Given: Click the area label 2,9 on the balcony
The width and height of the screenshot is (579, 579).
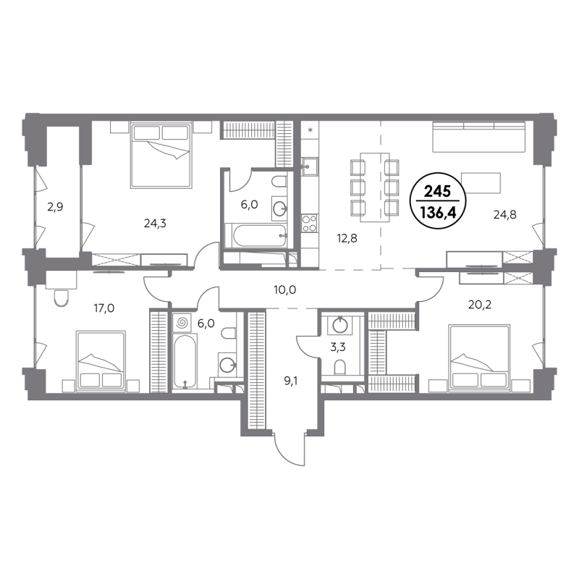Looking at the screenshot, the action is tap(55, 207).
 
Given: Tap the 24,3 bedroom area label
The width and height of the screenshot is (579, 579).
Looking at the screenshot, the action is tap(155, 224).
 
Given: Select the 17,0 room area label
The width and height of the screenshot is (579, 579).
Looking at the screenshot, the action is tap(103, 308).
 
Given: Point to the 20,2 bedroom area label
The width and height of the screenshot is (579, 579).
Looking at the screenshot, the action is tap(480, 305).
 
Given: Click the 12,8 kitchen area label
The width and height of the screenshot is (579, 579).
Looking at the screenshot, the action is tap(347, 239).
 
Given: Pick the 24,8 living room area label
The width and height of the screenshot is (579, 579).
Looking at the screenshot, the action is tap(504, 214).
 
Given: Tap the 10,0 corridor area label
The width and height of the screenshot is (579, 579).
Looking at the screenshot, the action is tap(285, 290).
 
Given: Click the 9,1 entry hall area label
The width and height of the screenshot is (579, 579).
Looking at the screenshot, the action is tap(291, 381).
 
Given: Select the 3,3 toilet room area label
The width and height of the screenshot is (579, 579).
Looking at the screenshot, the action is tap(338, 347).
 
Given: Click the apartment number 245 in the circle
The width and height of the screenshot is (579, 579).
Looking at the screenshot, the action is tap(437, 192).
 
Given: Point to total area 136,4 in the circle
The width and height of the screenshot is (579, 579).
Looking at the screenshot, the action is tap(438, 213).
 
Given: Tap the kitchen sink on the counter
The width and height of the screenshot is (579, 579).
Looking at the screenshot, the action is tap(310, 166).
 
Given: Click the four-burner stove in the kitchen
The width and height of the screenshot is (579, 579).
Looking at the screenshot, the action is tap(310, 224).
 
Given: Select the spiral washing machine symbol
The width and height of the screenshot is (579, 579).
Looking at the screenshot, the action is tap(182, 322).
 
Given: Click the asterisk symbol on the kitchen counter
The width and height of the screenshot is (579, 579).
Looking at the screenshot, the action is tap(310, 130).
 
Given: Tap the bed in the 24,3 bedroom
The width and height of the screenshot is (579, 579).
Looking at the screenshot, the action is tap(161, 156).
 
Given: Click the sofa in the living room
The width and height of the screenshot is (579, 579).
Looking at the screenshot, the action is tap(478, 137).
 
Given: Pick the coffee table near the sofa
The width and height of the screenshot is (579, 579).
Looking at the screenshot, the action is tap(481, 183).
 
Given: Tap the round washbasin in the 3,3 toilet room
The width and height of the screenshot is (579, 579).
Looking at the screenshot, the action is tap(339, 325).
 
